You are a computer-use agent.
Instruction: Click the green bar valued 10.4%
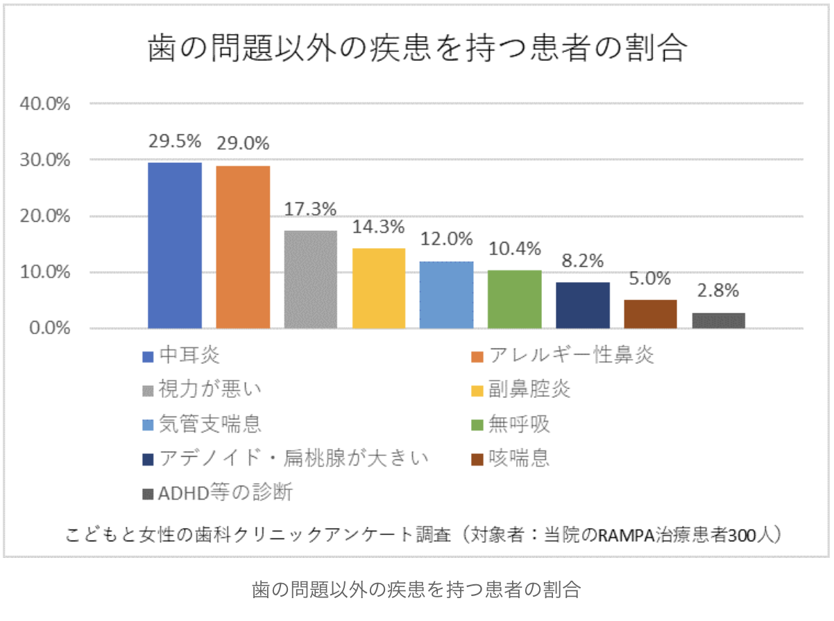(x=514, y=299)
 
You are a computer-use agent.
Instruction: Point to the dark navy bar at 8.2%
(x=582, y=305)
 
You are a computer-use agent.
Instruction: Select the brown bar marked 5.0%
(x=650, y=314)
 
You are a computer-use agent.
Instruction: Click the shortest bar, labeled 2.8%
(x=718, y=320)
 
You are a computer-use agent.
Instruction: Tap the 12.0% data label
(x=446, y=239)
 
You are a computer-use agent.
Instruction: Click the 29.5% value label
(x=175, y=141)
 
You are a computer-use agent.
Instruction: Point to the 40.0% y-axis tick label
(x=50, y=104)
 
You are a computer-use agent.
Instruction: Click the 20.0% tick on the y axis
(x=50, y=216)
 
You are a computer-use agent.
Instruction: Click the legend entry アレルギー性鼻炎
(x=571, y=356)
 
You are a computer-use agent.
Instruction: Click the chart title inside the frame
(x=417, y=50)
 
